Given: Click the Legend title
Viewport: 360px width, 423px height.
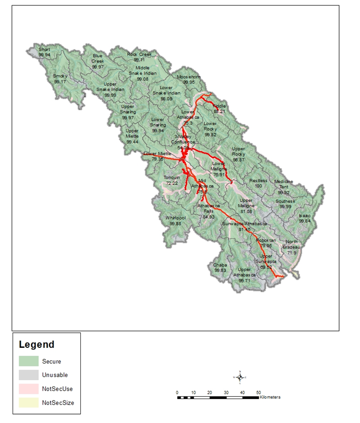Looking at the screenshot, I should click(x=37, y=345).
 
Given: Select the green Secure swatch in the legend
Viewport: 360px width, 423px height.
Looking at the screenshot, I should click(x=29, y=361).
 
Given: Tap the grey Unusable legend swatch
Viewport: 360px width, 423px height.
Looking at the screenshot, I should click(x=29, y=375).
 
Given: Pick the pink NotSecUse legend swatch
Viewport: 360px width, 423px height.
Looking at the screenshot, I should click(x=29, y=389).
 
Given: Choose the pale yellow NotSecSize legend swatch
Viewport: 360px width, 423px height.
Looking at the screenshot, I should click(x=29, y=403).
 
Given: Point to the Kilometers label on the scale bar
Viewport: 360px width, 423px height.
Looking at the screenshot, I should click(x=270, y=397).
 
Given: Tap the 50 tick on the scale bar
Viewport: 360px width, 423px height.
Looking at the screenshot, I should click(x=258, y=392).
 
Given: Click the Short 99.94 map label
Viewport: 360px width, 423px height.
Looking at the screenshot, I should click(x=44, y=52).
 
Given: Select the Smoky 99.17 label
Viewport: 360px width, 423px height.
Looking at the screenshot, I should click(x=60, y=79).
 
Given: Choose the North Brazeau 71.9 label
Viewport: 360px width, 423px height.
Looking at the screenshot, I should click(x=292, y=247).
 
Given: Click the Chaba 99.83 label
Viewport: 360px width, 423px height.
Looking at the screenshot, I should click(x=220, y=268).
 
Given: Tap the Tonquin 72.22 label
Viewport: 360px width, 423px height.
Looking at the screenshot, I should click(x=172, y=181).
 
